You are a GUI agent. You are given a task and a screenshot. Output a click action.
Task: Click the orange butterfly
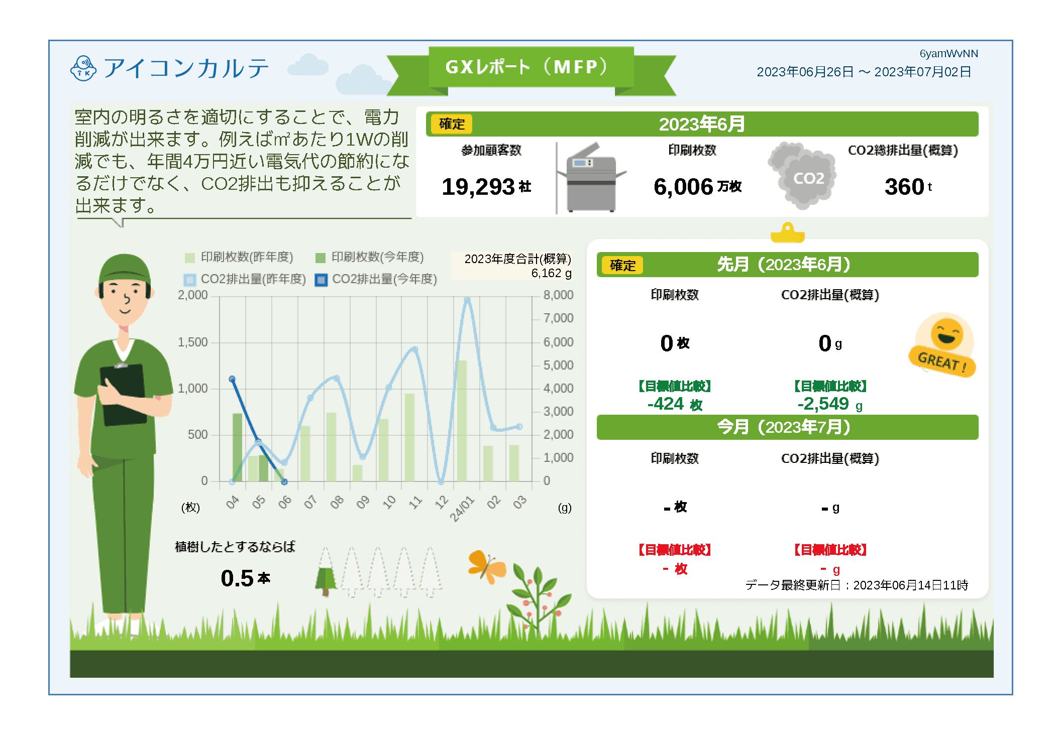click(486, 567)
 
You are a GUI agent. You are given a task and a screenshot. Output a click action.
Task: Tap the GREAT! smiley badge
click(942, 345)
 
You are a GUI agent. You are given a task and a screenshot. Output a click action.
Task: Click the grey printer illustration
click(593, 178)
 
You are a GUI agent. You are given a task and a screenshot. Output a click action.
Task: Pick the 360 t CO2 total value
click(908, 187)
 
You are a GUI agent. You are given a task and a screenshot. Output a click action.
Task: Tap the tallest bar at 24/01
click(462, 421)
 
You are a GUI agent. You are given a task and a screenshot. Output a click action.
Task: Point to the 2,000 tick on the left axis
click(192, 295)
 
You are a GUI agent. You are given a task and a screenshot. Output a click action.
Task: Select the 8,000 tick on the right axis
click(558, 295)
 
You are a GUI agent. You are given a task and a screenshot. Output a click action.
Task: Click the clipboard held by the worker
click(124, 395)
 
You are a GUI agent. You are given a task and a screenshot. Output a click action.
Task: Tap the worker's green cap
click(124, 269)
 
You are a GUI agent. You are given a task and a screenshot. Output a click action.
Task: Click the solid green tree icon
click(326, 579)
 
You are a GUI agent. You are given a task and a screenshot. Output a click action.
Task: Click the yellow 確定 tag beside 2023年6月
click(451, 124)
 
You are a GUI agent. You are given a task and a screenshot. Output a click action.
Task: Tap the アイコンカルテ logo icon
click(83, 69)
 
